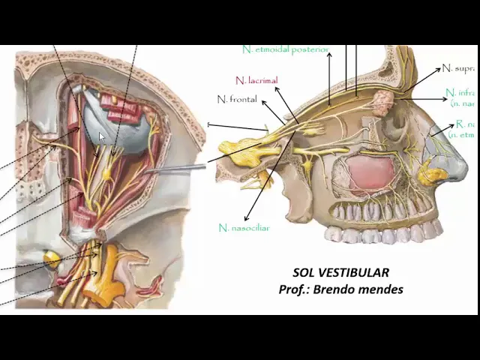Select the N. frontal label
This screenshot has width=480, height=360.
click(237, 99)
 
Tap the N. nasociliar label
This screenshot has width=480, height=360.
click(244, 228)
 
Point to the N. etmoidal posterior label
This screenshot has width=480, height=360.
click(286, 49)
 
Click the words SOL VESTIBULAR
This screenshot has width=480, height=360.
click(340, 273)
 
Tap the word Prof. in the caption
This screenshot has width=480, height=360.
click(293, 289)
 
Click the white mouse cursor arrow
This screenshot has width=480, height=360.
click(103, 138)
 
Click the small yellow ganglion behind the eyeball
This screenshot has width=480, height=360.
click(106, 175)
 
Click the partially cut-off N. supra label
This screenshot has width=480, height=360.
click(457, 68)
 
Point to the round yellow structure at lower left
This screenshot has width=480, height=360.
click(51, 260)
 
